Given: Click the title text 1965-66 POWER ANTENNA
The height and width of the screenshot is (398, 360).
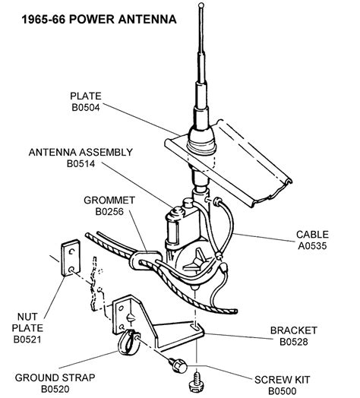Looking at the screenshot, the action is coord(99,20).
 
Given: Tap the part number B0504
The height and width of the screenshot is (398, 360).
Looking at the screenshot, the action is coord(86,107).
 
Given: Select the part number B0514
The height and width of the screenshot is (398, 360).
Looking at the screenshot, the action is coord(81,164).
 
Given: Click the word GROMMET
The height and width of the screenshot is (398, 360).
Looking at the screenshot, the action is coord(109,201).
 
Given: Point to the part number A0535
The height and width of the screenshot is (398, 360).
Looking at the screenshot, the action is coord(312,245).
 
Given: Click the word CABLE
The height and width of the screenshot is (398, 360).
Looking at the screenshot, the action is coord(312,234).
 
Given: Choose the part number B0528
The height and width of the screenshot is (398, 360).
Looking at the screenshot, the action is coord(294,342).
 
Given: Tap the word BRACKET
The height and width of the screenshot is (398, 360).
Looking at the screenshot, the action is coord(294,330).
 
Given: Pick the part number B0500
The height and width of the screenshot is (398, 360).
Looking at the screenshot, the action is coord(283,391).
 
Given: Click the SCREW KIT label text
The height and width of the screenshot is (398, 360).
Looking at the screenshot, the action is coord(283,380).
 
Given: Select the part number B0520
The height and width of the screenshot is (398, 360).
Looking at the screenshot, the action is coord(55,389).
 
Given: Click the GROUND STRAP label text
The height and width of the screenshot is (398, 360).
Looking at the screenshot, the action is coord(55,377).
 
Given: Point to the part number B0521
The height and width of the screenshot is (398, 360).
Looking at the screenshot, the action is coord(27,340).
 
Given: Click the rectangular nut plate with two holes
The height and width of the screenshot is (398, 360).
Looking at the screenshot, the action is coord(71,258).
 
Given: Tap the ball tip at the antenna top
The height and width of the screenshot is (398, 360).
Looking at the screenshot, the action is coord(201,5).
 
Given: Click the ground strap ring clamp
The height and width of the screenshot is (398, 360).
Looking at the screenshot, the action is coord(128,343).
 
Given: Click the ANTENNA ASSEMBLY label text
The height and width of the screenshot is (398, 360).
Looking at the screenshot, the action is coord(81,153).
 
